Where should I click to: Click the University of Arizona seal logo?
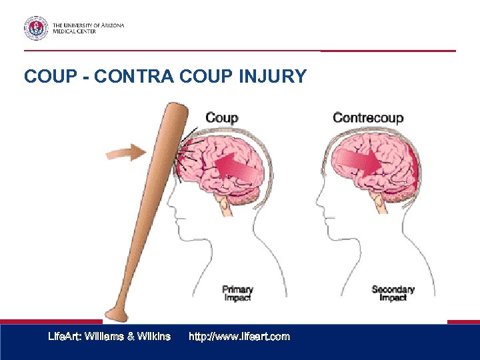coord(36,28)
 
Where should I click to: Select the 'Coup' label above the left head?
coord(221,118)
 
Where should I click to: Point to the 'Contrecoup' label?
coord(368,118)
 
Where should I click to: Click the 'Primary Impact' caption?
coord(237,293)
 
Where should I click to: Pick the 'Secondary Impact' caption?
coord(393,293)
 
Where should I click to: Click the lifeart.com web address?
coord(239,337)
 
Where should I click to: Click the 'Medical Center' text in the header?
coord(74,31)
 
